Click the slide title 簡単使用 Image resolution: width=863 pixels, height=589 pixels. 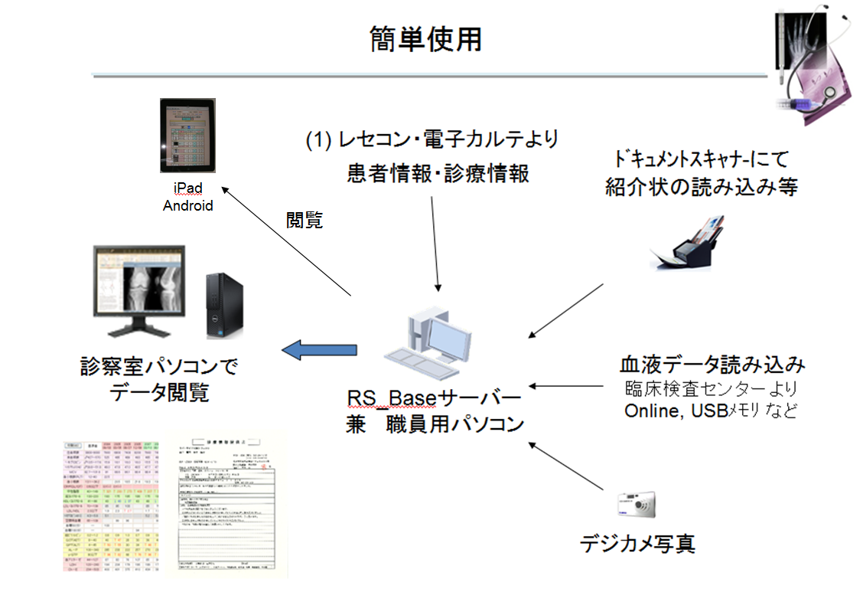(x=425, y=39)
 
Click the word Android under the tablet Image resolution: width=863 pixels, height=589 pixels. (x=188, y=205)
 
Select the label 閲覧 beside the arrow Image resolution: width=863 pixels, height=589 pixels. (x=304, y=221)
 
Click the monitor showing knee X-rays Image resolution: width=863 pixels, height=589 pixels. (x=139, y=287)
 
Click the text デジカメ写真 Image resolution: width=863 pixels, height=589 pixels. (x=637, y=544)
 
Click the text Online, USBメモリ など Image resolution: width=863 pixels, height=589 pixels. (x=711, y=410)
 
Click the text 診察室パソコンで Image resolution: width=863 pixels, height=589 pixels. (x=158, y=366)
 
